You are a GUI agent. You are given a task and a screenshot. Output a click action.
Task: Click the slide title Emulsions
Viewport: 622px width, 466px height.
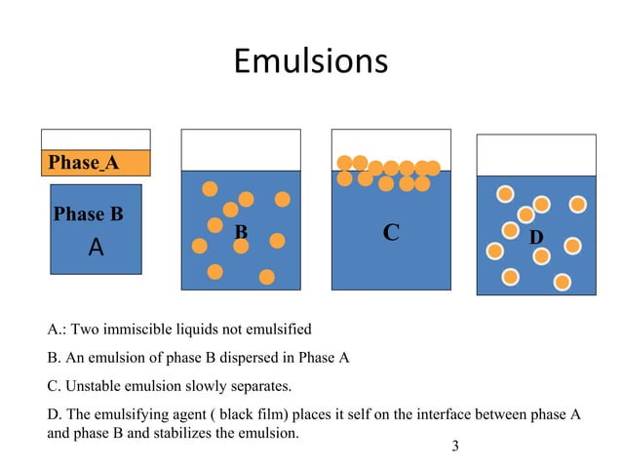(x=310, y=61)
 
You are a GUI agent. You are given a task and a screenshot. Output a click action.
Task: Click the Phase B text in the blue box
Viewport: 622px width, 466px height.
(x=88, y=214)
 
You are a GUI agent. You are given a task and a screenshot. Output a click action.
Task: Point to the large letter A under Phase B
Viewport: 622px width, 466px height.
(x=96, y=248)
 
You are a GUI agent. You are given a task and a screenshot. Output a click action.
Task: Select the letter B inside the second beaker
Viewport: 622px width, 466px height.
(x=241, y=233)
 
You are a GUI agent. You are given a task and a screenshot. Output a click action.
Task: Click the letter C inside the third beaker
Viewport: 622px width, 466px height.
(x=391, y=233)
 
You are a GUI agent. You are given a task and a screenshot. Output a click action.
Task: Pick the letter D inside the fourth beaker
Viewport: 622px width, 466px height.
(x=535, y=238)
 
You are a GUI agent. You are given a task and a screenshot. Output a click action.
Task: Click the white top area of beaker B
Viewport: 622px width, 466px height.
(x=241, y=149)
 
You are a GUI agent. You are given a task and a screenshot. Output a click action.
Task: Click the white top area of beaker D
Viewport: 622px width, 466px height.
(x=535, y=154)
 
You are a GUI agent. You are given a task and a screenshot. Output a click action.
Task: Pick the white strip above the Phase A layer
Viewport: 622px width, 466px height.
(x=96, y=139)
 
